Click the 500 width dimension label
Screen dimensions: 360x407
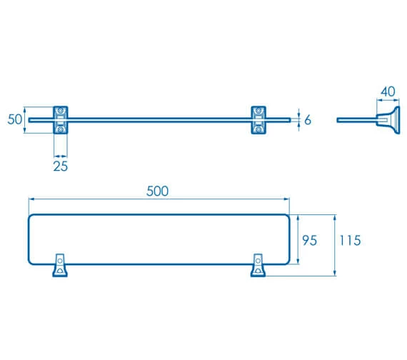tap(157, 191)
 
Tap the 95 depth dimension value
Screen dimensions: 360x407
tap(308, 241)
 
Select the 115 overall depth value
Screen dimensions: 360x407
tap(350, 241)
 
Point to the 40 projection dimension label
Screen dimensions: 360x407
tap(388, 91)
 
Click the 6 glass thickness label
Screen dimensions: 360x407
tap(308, 120)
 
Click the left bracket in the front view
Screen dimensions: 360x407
tap(61, 119)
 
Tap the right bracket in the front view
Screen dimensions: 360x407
tap(260, 119)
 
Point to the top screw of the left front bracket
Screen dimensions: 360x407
tap(61, 111)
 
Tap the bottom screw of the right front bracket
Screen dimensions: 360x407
tap(260, 129)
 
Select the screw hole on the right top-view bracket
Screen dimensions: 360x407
tap(256, 271)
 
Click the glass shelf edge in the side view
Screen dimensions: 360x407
tap(353, 120)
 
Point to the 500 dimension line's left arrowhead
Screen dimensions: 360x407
tap(30, 199)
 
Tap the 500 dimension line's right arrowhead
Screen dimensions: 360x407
tap(287, 199)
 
